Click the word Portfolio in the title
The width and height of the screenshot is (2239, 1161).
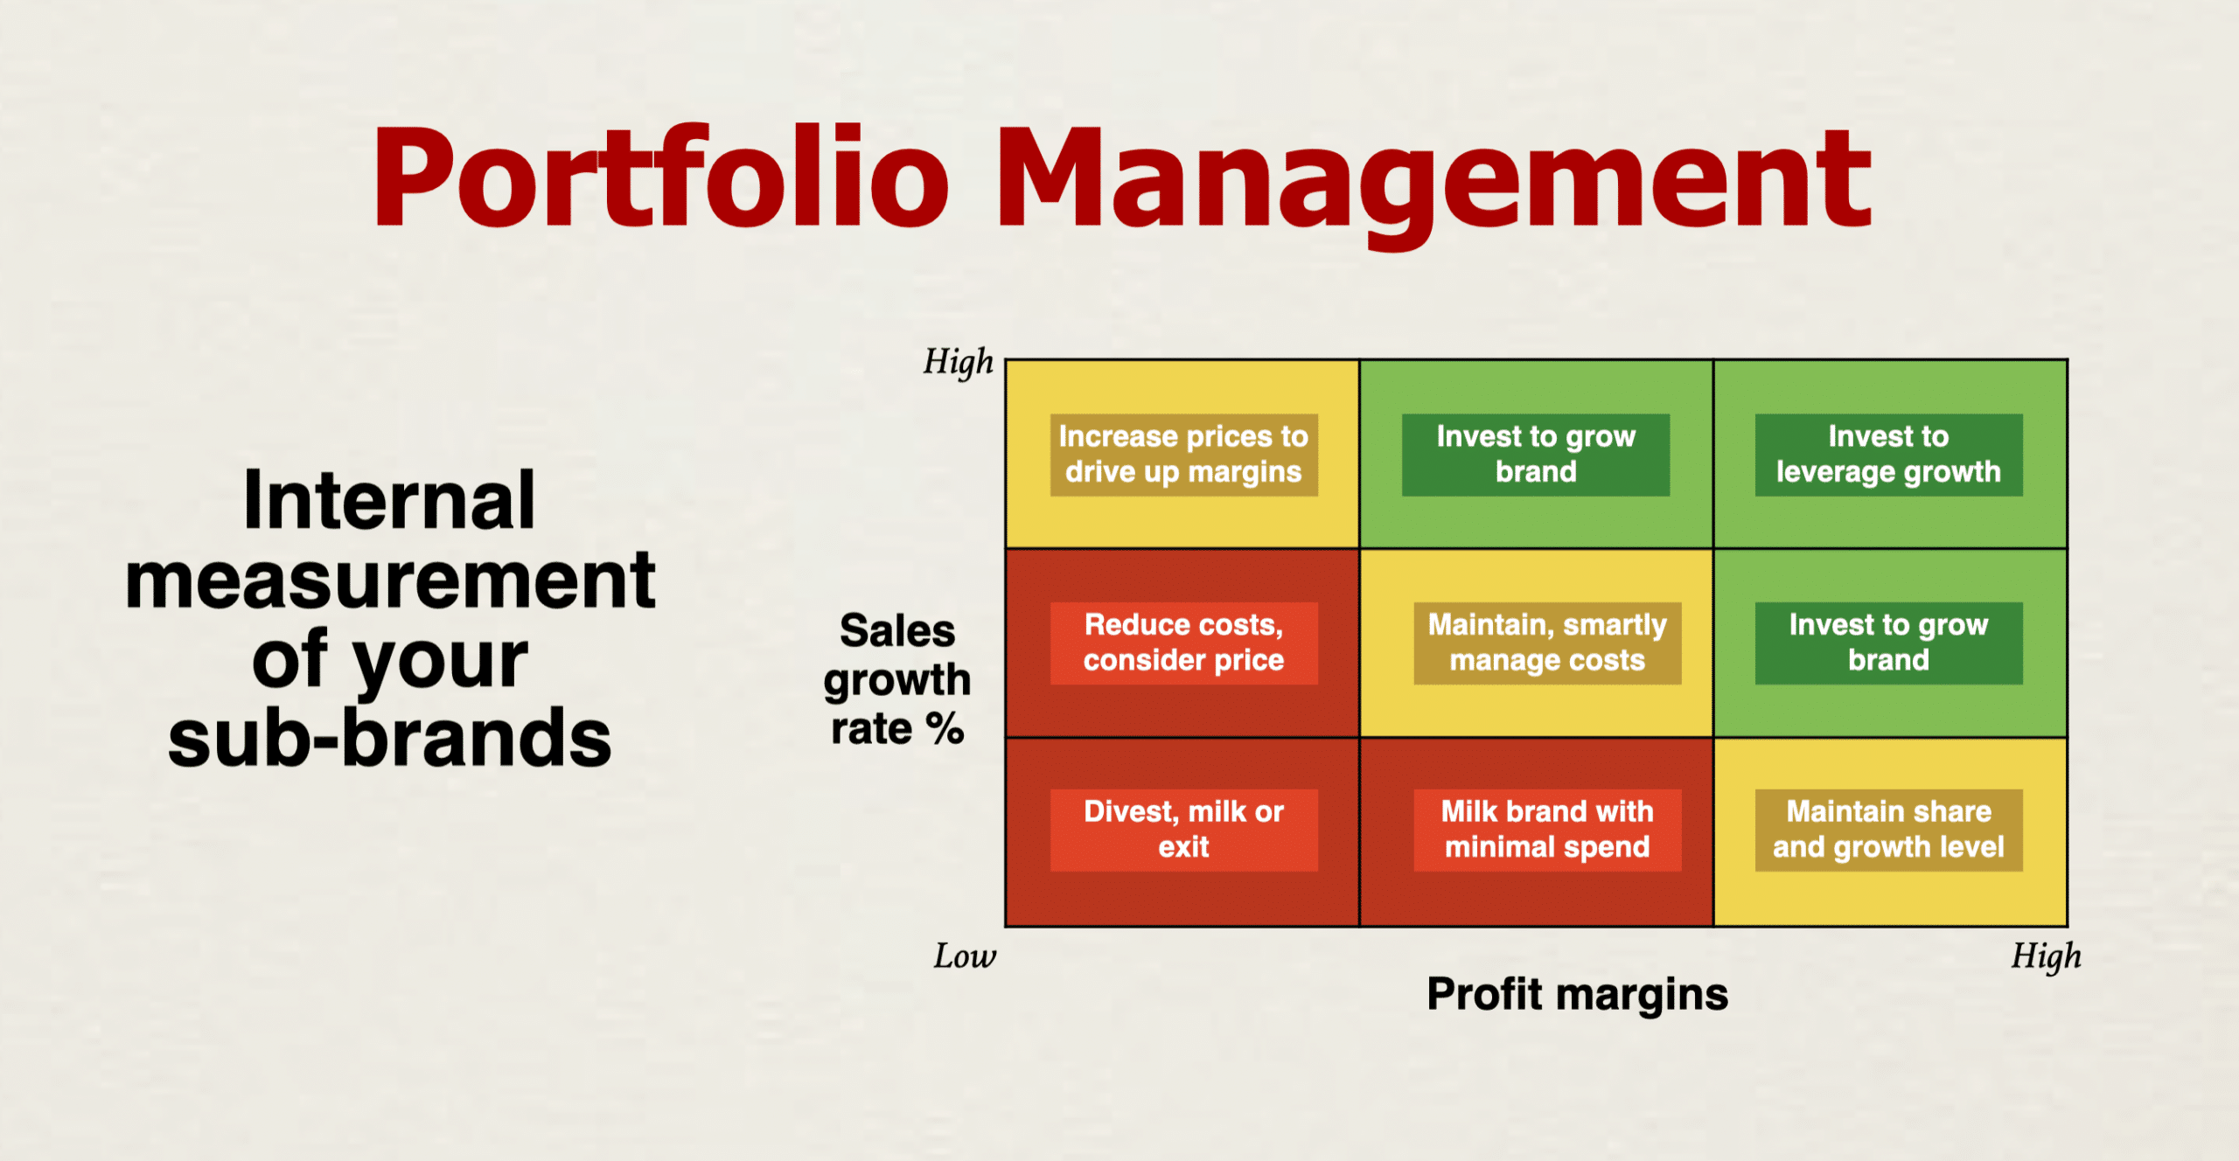[661, 176]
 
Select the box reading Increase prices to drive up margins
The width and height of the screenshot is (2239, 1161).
[1183, 455]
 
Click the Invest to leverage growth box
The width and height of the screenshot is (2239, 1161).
[1888, 455]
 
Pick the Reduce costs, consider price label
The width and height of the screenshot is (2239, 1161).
[1183, 643]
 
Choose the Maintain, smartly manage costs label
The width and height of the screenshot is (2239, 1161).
[1547, 643]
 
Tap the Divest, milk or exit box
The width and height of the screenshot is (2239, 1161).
[1183, 830]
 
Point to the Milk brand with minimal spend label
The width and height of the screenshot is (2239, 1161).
[1547, 830]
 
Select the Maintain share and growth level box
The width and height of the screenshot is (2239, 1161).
[1888, 830]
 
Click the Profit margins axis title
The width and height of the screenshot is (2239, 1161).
[1577, 995]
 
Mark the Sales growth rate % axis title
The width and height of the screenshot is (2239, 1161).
[897, 679]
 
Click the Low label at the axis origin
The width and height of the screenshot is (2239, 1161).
[965, 956]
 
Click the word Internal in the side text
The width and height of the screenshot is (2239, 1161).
[389, 500]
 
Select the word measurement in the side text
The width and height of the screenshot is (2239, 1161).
[390, 580]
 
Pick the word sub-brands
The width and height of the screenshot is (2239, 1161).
[390, 738]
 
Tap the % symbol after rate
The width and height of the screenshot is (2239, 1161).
[945, 728]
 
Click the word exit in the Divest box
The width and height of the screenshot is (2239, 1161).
[1183, 847]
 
